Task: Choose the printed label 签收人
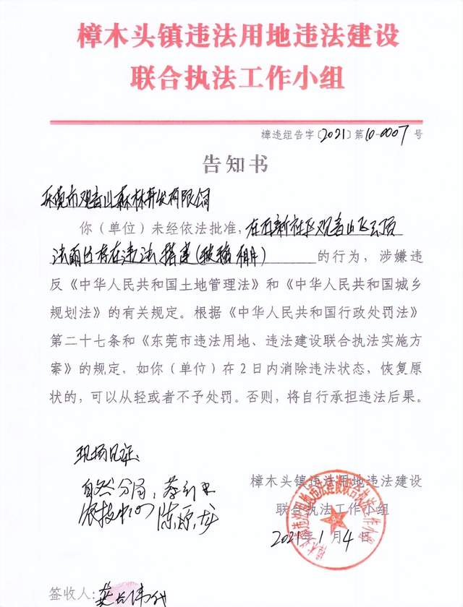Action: [67, 594]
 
